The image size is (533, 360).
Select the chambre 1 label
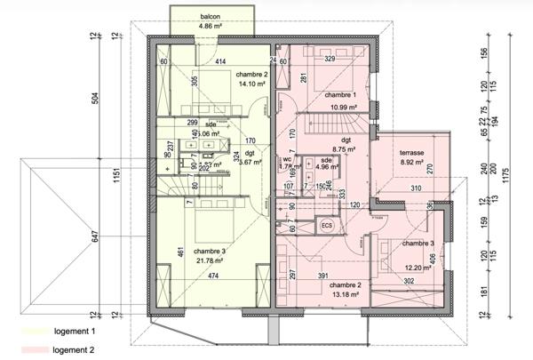point(340,95)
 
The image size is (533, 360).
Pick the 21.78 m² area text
point(211,260)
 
